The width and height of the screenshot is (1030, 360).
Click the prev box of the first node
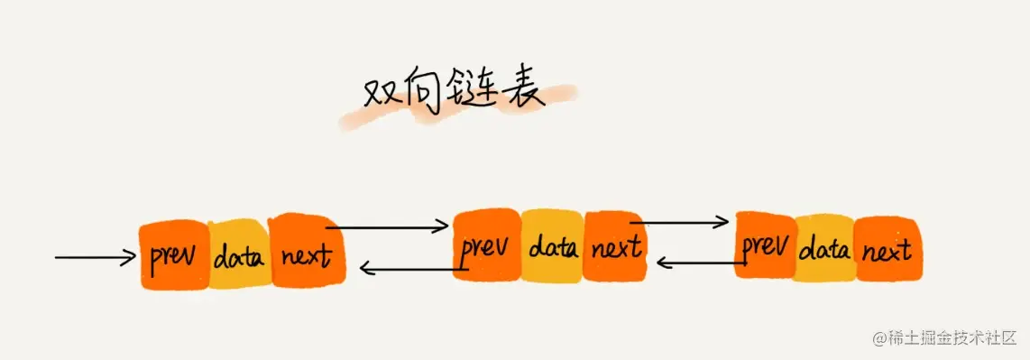(x=174, y=256)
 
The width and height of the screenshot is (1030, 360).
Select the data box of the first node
(x=239, y=257)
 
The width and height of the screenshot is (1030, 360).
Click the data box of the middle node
(x=552, y=245)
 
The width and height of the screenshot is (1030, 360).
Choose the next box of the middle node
(x=614, y=245)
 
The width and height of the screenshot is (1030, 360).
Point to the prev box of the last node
(x=766, y=245)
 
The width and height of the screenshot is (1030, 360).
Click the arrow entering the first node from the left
(x=95, y=258)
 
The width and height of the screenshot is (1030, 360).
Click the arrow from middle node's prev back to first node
(x=410, y=267)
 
